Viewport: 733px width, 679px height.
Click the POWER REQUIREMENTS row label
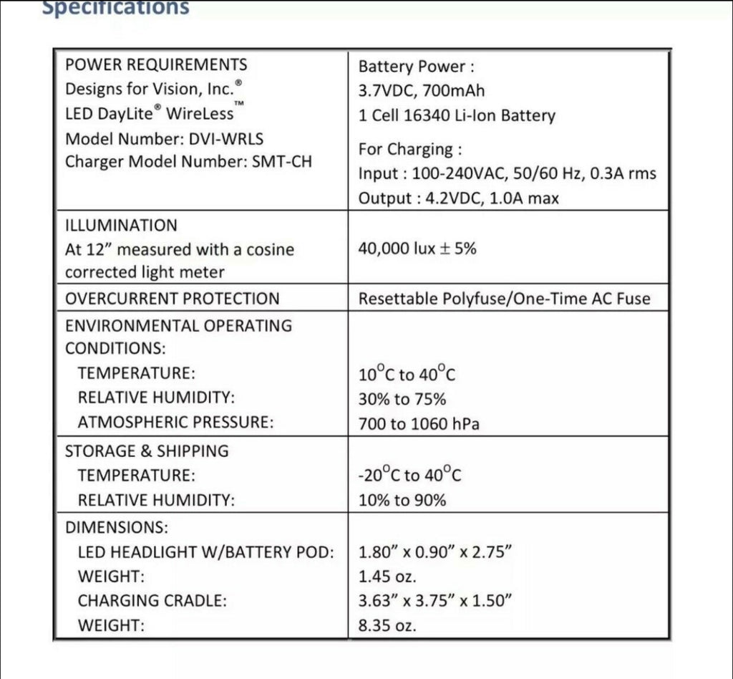pos(156,64)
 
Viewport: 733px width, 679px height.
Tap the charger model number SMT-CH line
pos(188,161)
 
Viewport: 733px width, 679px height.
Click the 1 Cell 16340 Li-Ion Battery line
pos(456,115)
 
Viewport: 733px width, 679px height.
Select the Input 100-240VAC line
pos(507,173)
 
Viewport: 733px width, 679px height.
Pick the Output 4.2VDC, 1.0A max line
pos(458,198)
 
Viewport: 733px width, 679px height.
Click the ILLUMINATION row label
pos(121,226)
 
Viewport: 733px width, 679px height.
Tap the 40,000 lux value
pos(417,249)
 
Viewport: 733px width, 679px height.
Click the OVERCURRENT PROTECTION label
pos(172,299)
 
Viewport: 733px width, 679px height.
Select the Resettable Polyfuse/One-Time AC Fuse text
pos(504,299)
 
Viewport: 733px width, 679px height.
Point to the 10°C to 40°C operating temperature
pos(407,374)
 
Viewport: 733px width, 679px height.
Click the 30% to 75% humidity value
pos(402,399)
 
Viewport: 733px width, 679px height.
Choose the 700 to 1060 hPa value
pos(419,424)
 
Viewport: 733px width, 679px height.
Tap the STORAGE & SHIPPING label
pos(147,451)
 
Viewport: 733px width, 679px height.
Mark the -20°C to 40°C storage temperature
pos(409,475)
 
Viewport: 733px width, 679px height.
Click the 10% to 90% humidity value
pos(402,500)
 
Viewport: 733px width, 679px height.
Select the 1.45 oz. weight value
pos(387,576)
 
